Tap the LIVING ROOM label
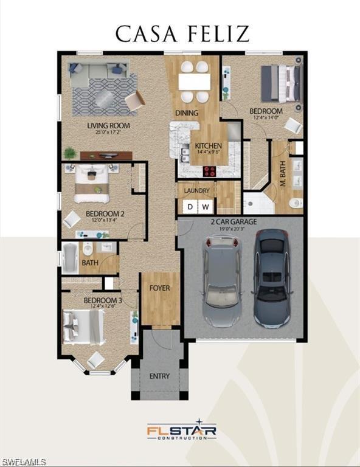108,126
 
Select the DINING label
187,112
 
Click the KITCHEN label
207,146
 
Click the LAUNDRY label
196,190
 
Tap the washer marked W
206,207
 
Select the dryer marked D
190,207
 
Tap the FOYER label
160,288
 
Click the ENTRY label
159,376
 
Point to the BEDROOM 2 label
105,213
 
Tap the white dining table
195,81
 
